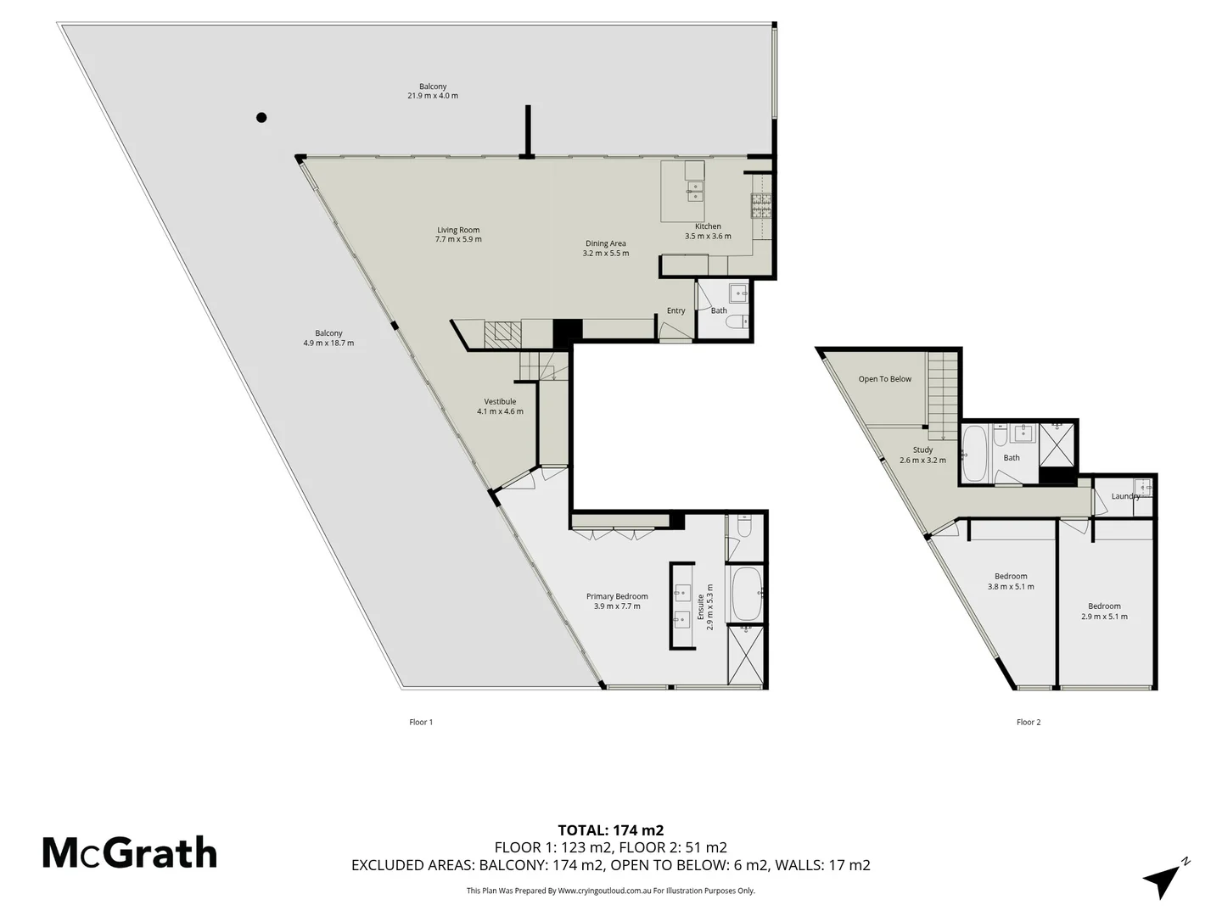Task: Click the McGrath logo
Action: point(130,852)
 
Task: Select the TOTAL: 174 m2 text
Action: point(610,830)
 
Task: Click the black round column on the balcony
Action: point(261,117)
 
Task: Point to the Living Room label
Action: point(458,235)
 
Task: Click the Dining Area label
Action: point(605,249)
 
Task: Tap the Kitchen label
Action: point(708,232)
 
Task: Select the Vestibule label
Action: point(500,406)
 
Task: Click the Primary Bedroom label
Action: point(617,601)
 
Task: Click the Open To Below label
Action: point(884,379)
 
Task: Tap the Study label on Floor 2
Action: point(922,455)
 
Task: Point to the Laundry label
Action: point(1125,496)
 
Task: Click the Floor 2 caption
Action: point(1028,723)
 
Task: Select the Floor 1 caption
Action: point(421,723)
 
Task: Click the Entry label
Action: point(675,311)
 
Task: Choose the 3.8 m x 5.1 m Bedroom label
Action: point(1011,581)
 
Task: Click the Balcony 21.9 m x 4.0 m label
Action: point(433,91)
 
